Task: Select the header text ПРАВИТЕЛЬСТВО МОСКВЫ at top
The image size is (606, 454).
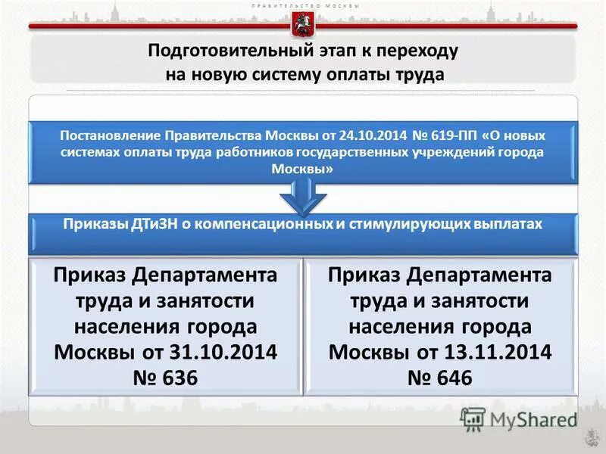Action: click(x=303, y=5)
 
